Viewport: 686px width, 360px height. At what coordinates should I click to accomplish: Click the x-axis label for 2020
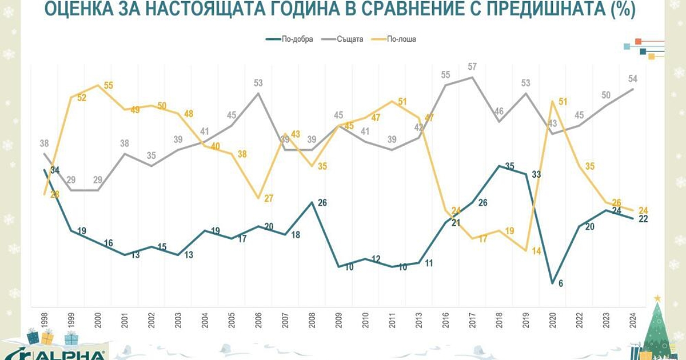[x=552, y=320]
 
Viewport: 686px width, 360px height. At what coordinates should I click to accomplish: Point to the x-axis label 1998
[x=45, y=320]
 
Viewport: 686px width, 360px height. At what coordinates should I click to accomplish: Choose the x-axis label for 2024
[x=633, y=320]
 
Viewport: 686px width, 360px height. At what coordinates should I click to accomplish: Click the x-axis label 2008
[x=311, y=320]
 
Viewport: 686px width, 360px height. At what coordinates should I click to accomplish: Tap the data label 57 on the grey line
[x=472, y=67]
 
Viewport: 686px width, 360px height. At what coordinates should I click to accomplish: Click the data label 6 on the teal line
[x=561, y=283]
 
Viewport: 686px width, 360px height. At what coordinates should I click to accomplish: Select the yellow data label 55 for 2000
[x=108, y=86]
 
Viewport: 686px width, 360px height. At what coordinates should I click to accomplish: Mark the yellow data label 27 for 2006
[x=268, y=198]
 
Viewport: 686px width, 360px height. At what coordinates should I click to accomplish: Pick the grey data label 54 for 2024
[x=632, y=78]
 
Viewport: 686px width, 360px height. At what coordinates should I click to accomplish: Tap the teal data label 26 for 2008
[x=321, y=202]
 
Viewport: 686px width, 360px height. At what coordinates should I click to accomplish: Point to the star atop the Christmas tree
[x=657, y=298]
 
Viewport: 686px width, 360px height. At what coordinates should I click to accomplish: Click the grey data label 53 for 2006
[x=258, y=83]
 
